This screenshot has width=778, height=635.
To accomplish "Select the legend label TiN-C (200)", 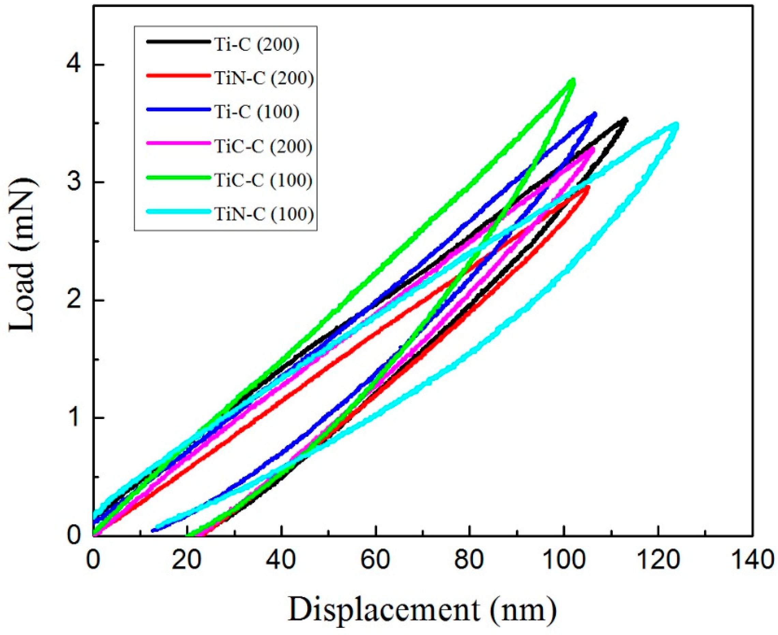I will click(x=264, y=78).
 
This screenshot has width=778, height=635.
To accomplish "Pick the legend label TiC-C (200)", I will click(x=264, y=146).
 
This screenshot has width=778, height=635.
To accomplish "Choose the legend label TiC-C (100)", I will click(x=264, y=180).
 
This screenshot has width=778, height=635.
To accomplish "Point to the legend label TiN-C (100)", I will click(x=264, y=214).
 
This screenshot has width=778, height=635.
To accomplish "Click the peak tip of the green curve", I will click(x=573, y=81).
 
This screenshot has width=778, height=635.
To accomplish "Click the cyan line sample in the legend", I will click(x=178, y=212).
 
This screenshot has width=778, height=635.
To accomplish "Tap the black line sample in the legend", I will click(x=178, y=42).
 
